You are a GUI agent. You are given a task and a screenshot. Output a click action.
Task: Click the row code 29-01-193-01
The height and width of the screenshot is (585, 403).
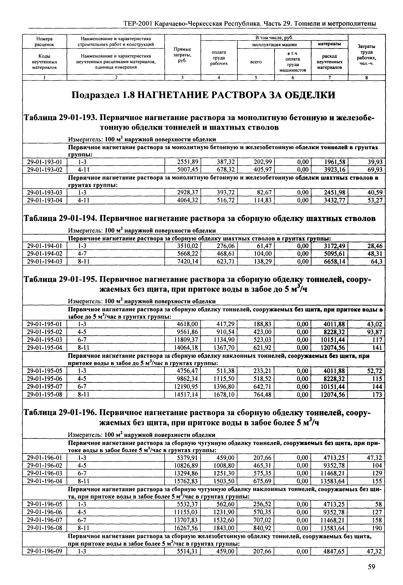pyautogui.click(x=44, y=162)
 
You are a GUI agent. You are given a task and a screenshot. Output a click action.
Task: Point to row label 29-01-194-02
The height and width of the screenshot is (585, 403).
pyautogui.click(x=44, y=254)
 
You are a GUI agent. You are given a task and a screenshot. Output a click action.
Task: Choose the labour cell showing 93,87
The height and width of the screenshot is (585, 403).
pyautogui.click(x=375, y=332)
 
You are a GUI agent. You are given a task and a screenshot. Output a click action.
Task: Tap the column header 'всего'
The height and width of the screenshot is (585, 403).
pyautogui.click(x=256, y=62)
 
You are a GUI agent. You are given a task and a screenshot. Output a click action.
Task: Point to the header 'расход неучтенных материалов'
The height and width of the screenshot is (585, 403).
pyautogui.click(x=329, y=62)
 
